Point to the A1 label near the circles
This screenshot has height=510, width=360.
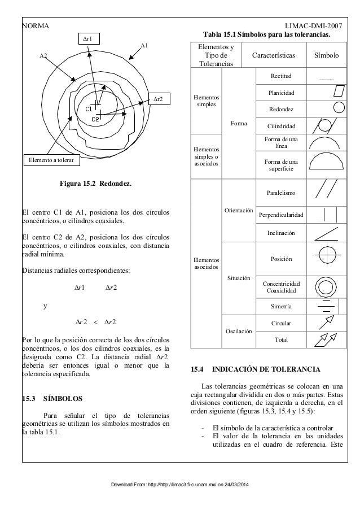coord(144,45)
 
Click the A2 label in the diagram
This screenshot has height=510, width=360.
coord(43,56)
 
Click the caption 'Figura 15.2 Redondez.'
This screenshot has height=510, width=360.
coord(95,184)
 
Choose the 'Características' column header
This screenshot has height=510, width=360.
coord(276,56)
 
